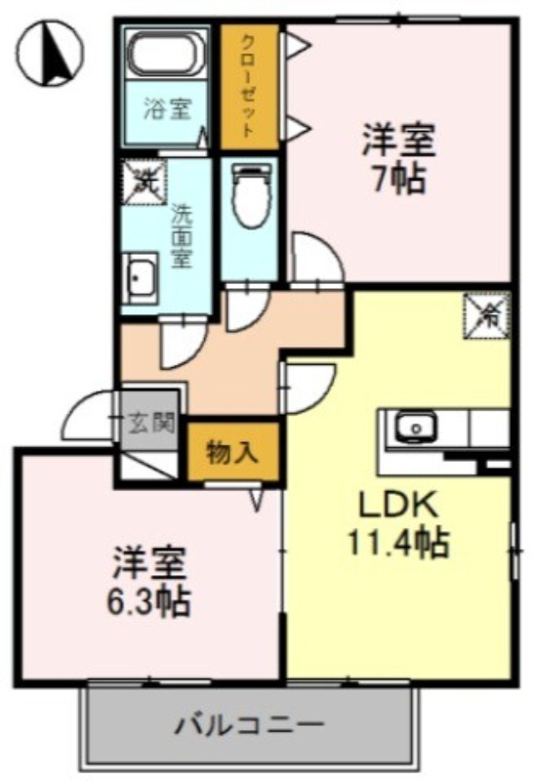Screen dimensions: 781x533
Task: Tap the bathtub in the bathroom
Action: (x=168, y=53)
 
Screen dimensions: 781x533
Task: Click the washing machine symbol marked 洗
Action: (x=143, y=180)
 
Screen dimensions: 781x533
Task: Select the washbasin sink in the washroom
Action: (x=143, y=278)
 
